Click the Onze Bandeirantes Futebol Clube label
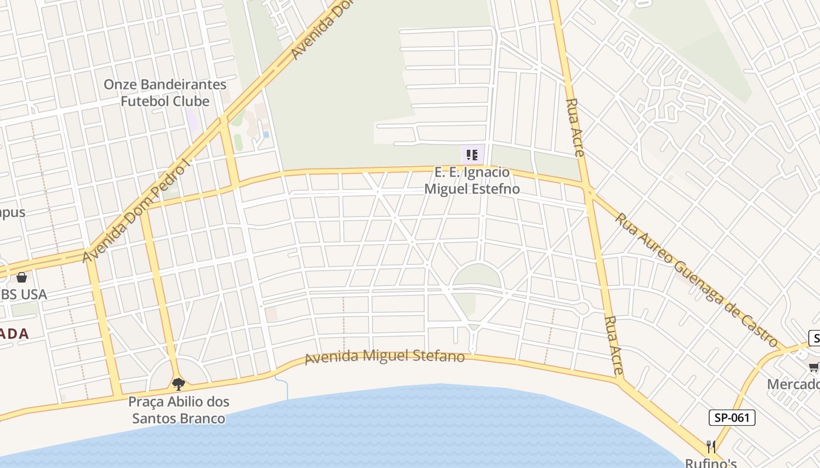click(165, 92)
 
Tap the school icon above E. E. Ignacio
click(472, 156)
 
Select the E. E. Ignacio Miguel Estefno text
click(471, 181)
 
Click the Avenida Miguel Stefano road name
click(385, 356)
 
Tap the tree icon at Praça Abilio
click(179, 384)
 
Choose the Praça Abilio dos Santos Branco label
click(179, 410)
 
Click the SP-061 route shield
click(732, 418)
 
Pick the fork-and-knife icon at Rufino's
click(711, 448)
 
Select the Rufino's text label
click(711, 463)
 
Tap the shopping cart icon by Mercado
click(814, 367)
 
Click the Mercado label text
click(794, 384)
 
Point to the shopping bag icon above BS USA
click(22, 277)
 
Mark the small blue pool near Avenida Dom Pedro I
click(266, 135)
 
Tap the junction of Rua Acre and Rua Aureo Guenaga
click(589, 191)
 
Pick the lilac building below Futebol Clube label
click(192, 121)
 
